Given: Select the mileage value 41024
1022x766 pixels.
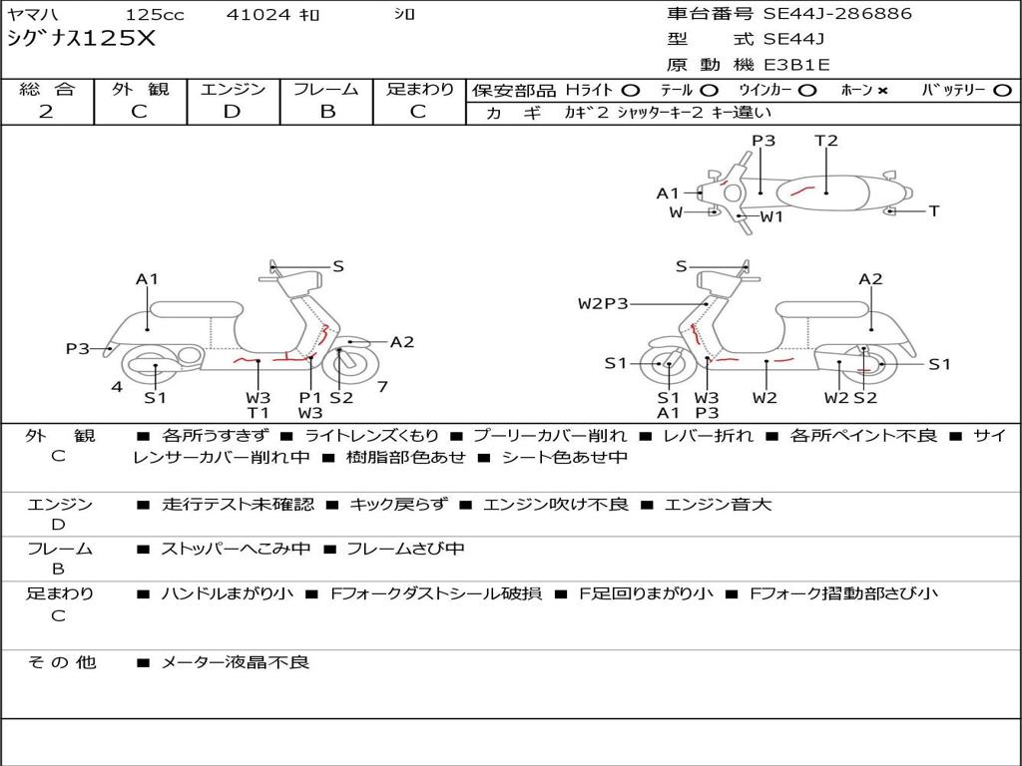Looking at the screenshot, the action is point(258,15).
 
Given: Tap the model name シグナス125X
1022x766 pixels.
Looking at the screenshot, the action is point(82,39).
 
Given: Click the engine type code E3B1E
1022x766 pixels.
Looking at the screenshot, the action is point(796,65).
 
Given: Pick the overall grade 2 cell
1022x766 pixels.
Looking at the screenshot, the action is point(46,112).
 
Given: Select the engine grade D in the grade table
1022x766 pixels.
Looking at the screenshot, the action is point(233,112).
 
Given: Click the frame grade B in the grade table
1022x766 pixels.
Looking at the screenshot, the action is point(326,112).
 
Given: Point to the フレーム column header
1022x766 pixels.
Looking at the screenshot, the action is point(326,90).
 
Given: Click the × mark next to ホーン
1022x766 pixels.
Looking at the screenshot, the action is point(882,90).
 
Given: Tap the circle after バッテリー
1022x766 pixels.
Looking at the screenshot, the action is point(1002,90).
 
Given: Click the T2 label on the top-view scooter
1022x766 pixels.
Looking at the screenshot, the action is point(826,141).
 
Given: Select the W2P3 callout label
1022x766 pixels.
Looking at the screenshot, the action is point(603,303).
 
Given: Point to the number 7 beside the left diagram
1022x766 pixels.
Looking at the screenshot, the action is point(382,386).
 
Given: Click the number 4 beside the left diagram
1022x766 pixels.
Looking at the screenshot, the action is point(117,386).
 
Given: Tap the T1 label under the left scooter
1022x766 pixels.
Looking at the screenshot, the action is point(258,413).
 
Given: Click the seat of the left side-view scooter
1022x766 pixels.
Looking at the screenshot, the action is point(196,308).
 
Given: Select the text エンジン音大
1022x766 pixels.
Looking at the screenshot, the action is point(718,505).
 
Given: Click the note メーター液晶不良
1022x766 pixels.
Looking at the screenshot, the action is point(236,661).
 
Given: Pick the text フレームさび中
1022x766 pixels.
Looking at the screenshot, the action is point(405,549).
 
